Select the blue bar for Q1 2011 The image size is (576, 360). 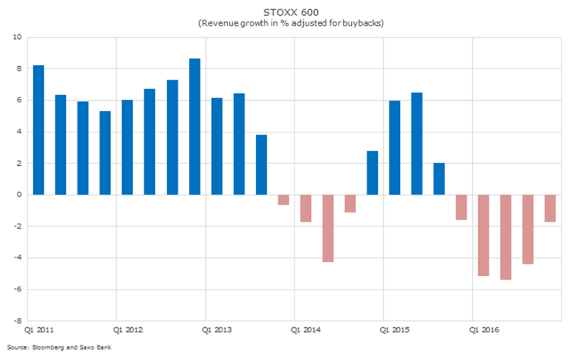[x=38, y=130]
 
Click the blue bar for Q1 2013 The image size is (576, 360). [x=217, y=146]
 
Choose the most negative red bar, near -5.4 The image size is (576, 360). [x=506, y=237]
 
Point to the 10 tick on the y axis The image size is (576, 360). [x=18, y=38]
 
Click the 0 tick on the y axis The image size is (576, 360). [x=19, y=195]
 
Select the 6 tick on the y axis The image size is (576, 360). [x=19, y=101]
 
